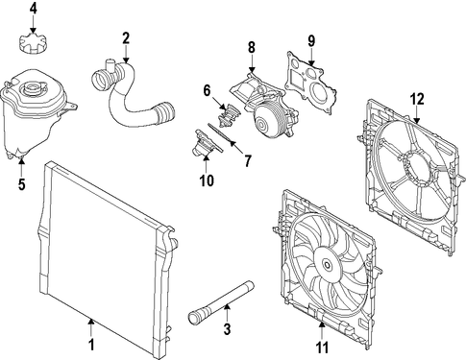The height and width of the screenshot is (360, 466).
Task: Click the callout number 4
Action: click(34, 9)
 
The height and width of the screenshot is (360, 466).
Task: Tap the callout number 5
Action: click(21, 184)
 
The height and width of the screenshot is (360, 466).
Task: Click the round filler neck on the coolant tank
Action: click(31, 87)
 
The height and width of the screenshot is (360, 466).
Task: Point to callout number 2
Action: click(126, 38)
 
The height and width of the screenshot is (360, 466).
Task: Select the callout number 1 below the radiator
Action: click(91, 346)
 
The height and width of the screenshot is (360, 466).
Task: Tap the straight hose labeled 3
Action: click(220, 301)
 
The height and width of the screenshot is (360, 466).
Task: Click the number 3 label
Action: click(227, 329)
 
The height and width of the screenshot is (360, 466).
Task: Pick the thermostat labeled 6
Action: click(229, 115)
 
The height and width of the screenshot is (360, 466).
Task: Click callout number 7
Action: click(247, 160)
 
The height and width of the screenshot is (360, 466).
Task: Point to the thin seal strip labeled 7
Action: click(222, 134)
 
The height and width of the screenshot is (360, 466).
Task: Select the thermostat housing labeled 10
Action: click(207, 143)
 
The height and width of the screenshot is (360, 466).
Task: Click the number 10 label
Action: click(207, 180)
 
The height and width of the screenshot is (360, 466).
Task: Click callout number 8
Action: click(252, 48)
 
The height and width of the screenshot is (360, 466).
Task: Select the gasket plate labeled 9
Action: click(310, 83)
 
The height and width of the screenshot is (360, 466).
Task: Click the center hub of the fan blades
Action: click(327, 265)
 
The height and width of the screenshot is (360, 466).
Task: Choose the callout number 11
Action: click(322, 348)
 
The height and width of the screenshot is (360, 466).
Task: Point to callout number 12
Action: click(417, 99)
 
